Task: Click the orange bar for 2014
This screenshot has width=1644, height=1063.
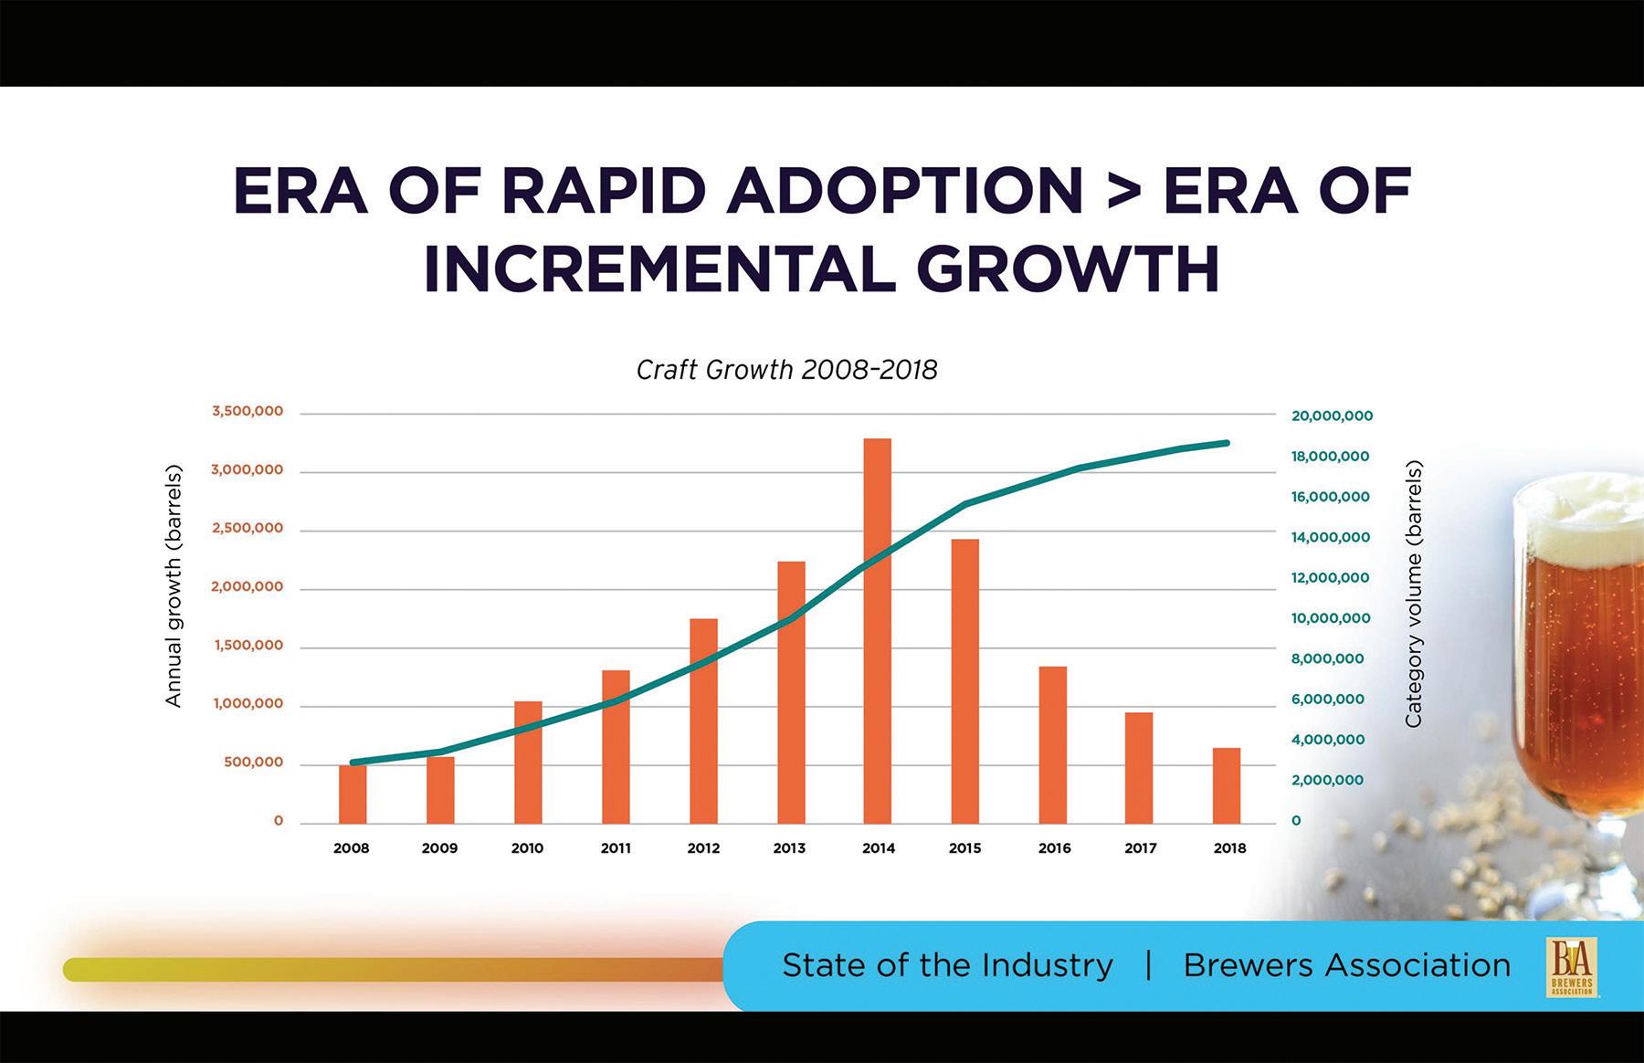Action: coord(878,630)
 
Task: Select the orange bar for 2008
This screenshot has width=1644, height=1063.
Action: coord(353,794)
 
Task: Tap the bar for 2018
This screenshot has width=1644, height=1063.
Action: coord(1227,785)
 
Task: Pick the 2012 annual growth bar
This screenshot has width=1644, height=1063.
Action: coord(703,721)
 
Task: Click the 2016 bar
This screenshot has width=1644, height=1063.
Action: coord(1053,744)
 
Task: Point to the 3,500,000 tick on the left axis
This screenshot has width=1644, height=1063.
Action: coord(248,412)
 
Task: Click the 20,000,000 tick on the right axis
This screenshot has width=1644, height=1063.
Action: coord(1332,416)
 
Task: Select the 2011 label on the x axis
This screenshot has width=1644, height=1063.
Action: coord(616,848)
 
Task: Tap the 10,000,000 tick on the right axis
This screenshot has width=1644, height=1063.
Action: coord(1331,618)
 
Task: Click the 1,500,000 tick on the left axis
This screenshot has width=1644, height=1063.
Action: coord(248,646)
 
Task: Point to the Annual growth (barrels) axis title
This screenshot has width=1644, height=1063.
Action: coord(174,586)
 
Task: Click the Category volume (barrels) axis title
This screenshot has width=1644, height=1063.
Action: coord(1413,594)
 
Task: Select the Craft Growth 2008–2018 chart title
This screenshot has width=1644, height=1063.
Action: coord(786,370)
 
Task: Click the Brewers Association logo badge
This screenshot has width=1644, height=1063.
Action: coord(1570,966)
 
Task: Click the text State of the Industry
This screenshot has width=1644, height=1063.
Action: coord(947,965)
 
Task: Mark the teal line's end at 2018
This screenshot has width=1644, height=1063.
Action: coord(1228,443)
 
